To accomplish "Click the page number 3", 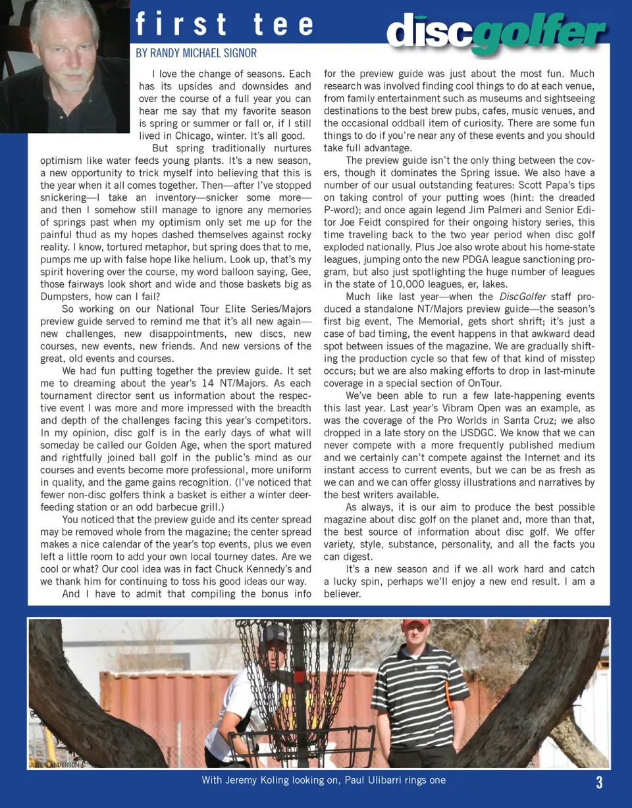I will coord(599,782).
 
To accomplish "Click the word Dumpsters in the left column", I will coord(69,296).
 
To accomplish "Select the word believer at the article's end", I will coord(342,593).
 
